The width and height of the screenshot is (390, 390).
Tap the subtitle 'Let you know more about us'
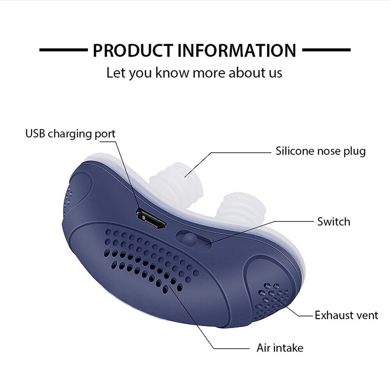194,73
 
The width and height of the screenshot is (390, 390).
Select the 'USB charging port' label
71,134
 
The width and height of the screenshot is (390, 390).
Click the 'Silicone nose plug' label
321,151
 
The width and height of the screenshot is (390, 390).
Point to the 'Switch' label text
333,222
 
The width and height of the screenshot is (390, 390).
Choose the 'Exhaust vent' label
346,315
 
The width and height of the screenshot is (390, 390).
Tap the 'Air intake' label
280,347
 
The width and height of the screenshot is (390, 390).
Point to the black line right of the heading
326,50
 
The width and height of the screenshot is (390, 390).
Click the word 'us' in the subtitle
275,73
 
